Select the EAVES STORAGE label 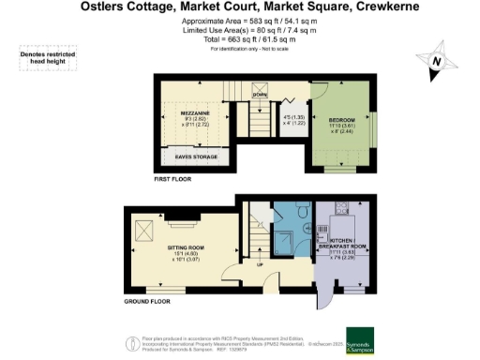click(196, 157)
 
